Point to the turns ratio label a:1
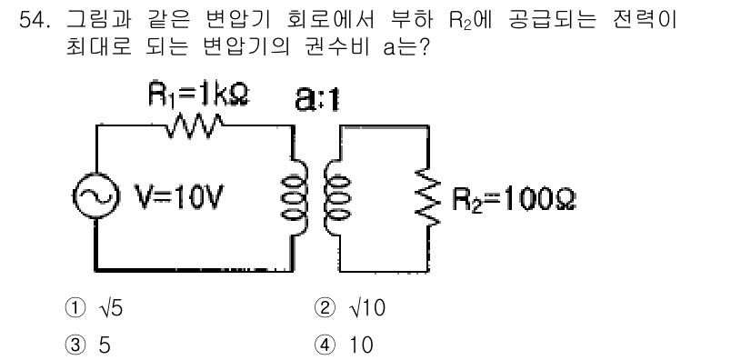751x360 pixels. pos(315,97)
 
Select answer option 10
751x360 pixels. pos(373,345)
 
